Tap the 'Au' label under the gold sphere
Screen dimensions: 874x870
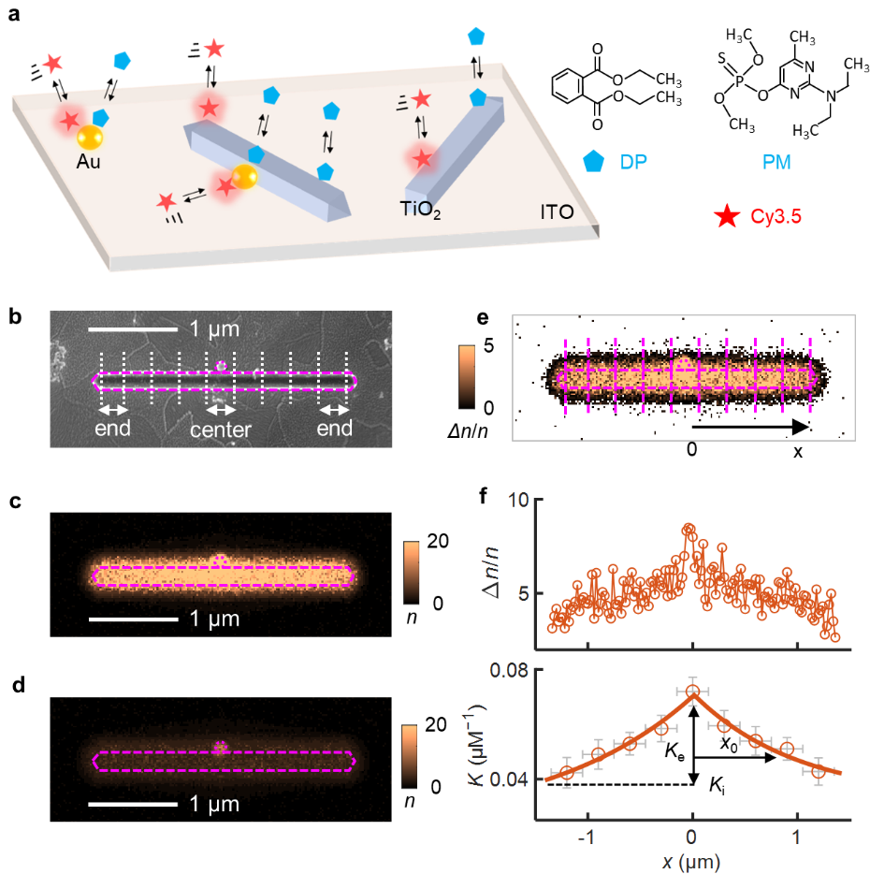pos(90,162)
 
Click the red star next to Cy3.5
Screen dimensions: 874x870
pos(725,219)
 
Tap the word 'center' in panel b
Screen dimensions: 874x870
pos(221,430)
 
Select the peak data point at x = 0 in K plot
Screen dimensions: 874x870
pos(692,692)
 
